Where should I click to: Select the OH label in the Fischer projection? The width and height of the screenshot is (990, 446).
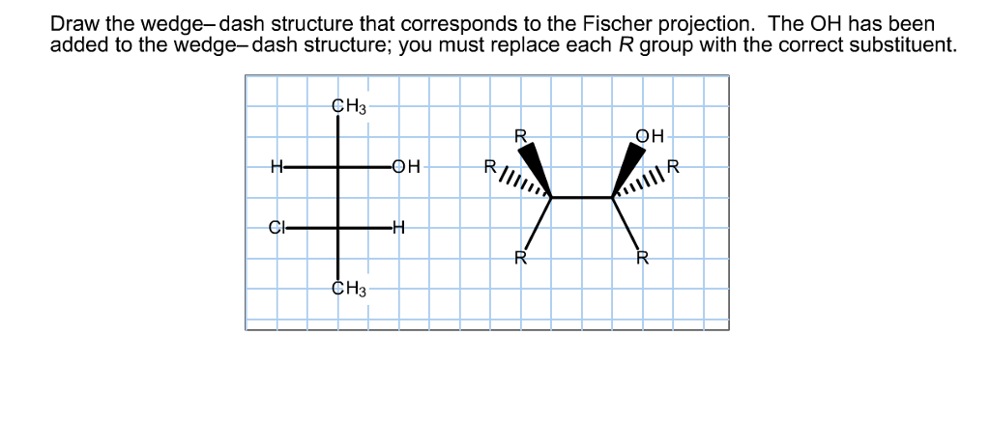[x=406, y=166]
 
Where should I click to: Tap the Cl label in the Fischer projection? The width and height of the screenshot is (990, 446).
[x=277, y=228]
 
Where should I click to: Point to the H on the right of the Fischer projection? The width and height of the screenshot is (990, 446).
[x=399, y=228]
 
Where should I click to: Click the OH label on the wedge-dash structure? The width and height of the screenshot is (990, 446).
[x=650, y=136]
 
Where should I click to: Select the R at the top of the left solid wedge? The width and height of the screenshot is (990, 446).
[x=519, y=136]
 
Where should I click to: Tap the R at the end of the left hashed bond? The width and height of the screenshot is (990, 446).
[x=489, y=166]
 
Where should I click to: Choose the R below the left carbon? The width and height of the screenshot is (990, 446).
[x=519, y=258]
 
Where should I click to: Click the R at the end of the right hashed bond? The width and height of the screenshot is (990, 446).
[x=673, y=165]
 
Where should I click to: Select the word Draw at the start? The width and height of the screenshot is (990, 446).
[x=71, y=22]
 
